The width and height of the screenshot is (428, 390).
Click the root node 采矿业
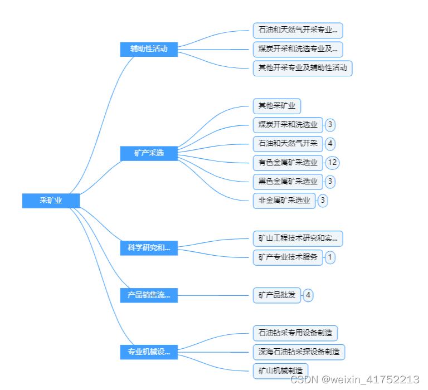tap(51, 201)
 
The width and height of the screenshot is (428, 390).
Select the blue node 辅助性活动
tap(149, 49)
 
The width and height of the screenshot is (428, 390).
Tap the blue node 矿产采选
tap(149, 153)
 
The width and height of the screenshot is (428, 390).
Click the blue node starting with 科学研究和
tap(149, 248)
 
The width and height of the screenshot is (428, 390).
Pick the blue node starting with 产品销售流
tap(149, 295)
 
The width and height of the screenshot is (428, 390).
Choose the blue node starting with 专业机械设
tap(149, 352)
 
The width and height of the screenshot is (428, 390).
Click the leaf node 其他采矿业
tap(277, 105)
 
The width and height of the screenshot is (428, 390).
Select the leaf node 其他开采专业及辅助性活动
tap(303, 68)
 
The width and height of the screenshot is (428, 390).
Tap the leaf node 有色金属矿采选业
tap(288, 163)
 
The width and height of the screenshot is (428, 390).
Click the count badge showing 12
tap(333, 163)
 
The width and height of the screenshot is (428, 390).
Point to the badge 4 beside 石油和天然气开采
tap(330, 144)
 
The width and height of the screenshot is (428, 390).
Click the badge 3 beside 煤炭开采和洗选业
tap(330, 125)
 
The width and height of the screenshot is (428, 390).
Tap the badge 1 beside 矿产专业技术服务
tap(330, 257)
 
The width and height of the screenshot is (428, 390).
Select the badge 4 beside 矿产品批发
tap(308, 295)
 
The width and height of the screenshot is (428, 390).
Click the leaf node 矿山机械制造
tap(280, 370)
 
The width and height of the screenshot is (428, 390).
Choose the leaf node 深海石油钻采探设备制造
tap(299, 352)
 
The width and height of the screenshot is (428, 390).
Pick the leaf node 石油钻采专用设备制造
tap(295, 333)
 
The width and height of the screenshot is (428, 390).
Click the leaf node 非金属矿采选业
tap(284, 201)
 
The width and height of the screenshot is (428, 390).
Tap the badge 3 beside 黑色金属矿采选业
tap(330, 182)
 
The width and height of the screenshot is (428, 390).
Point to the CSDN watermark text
tap(355, 379)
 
